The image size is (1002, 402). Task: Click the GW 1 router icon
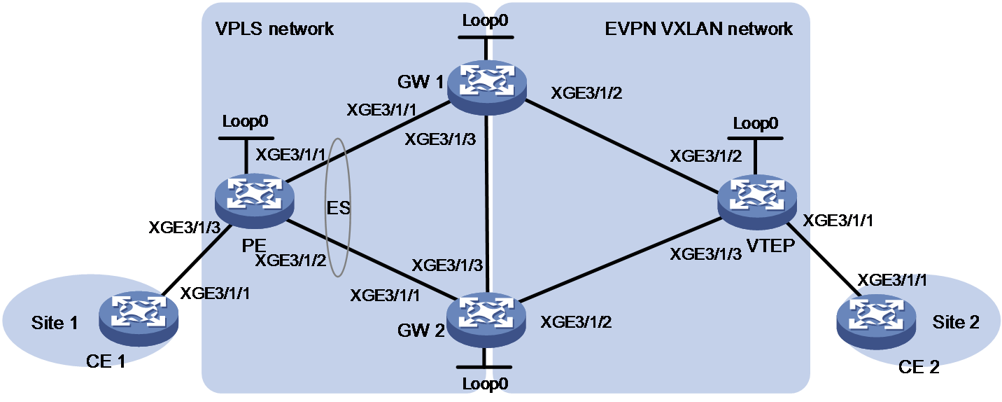click(487, 88)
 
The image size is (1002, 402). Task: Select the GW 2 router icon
click(486, 319)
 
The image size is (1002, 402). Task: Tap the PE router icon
click(255, 202)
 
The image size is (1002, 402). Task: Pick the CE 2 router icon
click(876, 322)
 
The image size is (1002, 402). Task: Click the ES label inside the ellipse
click(338, 208)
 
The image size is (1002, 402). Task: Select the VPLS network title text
click(274, 29)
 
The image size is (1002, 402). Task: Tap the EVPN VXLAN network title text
click(698, 29)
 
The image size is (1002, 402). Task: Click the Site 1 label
click(55, 323)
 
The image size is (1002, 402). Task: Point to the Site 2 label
click(956, 322)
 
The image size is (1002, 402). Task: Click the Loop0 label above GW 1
click(485, 20)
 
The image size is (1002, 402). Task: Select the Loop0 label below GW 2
click(485, 384)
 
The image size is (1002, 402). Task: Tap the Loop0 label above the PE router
click(245, 121)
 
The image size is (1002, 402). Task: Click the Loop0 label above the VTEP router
click(756, 123)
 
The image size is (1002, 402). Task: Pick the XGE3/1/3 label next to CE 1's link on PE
click(184, 228)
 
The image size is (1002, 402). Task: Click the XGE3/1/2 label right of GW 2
click(576, 322)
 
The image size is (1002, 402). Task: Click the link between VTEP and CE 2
click(822, 260)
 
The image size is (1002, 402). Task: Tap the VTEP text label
click(770, 246)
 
